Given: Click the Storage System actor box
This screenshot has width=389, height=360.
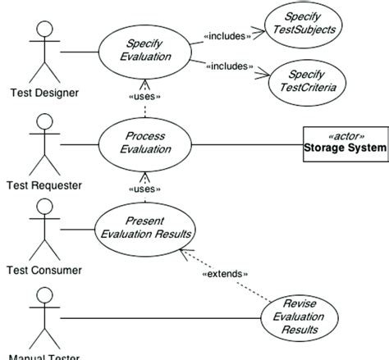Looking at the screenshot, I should click(343, 143).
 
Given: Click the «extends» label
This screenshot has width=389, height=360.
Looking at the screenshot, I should click(225, 273).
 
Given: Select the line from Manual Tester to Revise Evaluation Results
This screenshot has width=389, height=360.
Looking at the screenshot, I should click(164, 317).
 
